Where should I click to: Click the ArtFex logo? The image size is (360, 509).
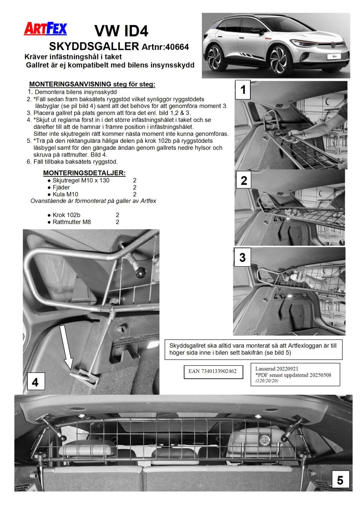pyautogui.click(x=45, y=29)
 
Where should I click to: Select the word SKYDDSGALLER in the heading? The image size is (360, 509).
pyautogui.click(x=94, y=46)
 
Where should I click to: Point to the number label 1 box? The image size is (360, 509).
pyautogui.click(x=243, y=90)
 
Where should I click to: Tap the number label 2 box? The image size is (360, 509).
pyautogui.click(x=244, y=181)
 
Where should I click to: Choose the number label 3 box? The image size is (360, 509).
pyautogui.click(x=242, y=257)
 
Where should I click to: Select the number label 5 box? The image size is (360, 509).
pyautogui.click(x=340, y=480)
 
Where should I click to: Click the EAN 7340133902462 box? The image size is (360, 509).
pyautogui.click(x=212, y=371)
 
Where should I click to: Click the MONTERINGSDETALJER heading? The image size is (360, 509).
pyautogui.click(x=84, y=173)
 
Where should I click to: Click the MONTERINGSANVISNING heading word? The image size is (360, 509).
pyautogui.click(x=70, y=84)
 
